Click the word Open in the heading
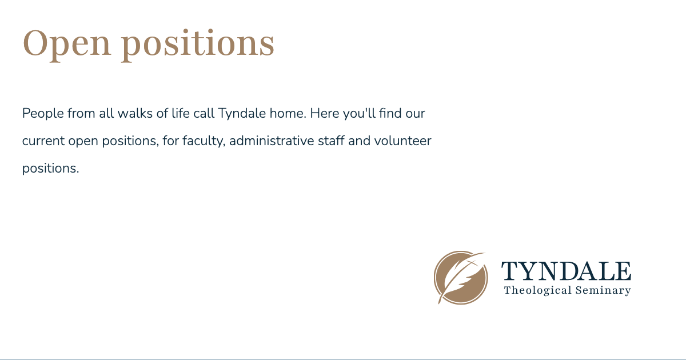tap(66, 44)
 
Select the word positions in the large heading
tap(198, 44)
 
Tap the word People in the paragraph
tap(43, 113)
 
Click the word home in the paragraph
tap(288, 113)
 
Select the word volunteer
tap(402, 141)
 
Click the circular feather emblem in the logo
tap(461, 278)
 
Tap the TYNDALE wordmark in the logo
tap(566, 271)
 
